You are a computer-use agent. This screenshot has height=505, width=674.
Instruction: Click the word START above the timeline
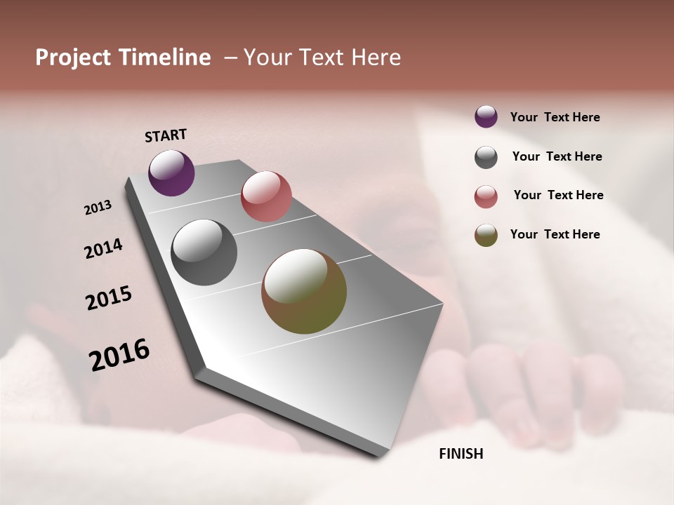pyautogui.click(x=166, y=135)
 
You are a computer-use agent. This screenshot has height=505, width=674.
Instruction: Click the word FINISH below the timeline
pyautogui.click(x=461, y=454)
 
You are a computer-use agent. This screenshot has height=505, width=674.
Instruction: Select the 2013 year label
pyautogui.click(x=98, y=208)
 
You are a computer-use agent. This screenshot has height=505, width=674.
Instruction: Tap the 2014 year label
pyautogui.click(x=103, y=248)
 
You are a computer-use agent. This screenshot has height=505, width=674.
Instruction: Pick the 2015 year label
pyautogui.click(x=109, y=298)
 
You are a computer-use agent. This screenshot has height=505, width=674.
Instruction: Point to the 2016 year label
pyautogui.click(x=119, y=355)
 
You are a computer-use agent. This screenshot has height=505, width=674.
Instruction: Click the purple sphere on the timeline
pyautogui.click(x=171, y=173)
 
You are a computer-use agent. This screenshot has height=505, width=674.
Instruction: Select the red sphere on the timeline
pyautogui.click(x=266, y=196)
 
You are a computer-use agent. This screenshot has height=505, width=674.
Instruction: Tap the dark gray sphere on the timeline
pyautogui.click(x=204, y=252)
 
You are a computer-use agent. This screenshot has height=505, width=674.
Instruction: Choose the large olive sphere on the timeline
pyautogui.click(x=304, y=291)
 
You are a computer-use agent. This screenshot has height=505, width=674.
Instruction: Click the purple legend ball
pyautogui.click(x=486, y=116)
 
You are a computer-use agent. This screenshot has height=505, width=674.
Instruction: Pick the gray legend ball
pyautogui.click(x=486, y=157)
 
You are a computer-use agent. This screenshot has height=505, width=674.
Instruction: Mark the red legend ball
pyautogui.click(x=486, y=196)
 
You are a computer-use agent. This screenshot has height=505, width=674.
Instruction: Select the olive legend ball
pyautogui.click(x=486, y=235)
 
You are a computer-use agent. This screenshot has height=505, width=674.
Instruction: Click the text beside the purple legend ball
pyautogui.click(x=555, y=117)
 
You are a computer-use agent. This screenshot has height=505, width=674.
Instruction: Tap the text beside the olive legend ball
pyautogui.click(x=555, y=234)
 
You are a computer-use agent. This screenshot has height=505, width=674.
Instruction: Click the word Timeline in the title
pyautogui.click(x=164, y=58)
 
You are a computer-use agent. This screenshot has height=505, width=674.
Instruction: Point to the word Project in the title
pyautogui.click(x=72, y=58)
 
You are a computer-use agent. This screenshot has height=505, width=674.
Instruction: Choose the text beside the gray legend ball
pyautogui.click(x=557, y=156)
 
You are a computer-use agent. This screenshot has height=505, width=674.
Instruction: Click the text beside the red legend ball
pyautogui.click(x=558, y=195)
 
